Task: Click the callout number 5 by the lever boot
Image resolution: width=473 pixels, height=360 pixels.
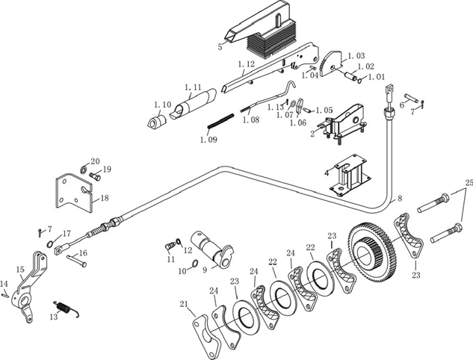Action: pos(220,47)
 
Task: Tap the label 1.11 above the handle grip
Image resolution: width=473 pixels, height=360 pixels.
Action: pos(193,87)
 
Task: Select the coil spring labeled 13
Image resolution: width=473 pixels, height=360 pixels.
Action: pos(66,308)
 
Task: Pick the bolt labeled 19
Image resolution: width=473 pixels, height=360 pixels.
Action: pos(95,176)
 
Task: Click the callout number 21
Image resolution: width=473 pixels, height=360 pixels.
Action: pos(184,304)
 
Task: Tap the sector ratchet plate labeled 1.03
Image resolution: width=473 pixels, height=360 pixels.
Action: pos(331,63)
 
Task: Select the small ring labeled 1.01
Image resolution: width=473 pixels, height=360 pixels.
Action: pos(359,81)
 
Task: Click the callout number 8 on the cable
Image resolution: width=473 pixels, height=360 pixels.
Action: pos(400,199)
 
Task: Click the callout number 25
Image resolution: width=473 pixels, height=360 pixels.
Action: pos(469,183)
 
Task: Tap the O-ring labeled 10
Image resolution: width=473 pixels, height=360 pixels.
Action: pos(194,264)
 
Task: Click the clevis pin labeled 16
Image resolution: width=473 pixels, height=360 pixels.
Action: pos(77,260)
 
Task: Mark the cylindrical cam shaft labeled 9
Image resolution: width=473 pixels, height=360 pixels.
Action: pos(213,249)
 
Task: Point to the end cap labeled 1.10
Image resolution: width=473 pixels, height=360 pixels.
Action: pos(157,121)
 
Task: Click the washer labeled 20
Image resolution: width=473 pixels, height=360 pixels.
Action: pos(84,169)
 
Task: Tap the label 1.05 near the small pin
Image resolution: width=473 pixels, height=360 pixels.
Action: pos(324,111)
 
